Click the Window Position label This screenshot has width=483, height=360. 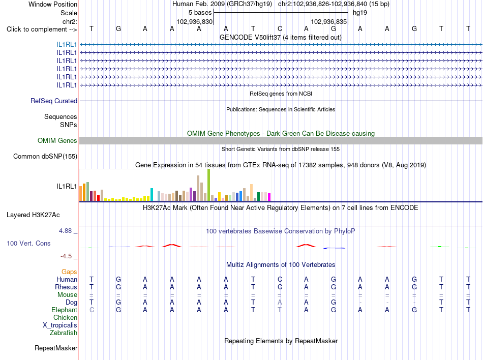click(53, 4)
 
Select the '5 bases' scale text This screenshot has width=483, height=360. click(200, 13)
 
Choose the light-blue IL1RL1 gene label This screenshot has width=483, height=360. click(67, 44)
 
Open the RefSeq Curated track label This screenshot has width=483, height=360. click(54, 101)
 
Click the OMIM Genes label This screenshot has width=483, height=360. click(57, 141)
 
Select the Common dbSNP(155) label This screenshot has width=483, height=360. click(45, 157)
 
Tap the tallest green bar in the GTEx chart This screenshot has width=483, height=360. click(209, 185)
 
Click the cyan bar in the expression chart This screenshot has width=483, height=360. click(152, 194)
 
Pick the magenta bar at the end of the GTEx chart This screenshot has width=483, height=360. click(269, 197)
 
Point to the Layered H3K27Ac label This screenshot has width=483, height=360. click(33, 215)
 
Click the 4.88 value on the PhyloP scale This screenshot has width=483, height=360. click(65, 231)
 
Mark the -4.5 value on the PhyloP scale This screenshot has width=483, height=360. click(66, 256)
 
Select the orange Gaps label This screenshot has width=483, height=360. click(69, 272)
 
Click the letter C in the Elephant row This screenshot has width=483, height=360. click(92, 310)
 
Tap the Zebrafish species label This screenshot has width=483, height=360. click(64, 333)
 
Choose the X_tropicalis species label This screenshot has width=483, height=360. click(60, 325)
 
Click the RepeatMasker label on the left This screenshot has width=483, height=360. click(56, 348)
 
